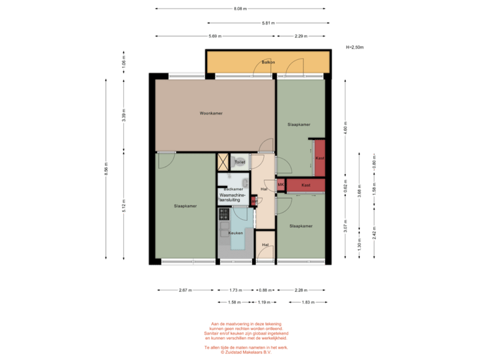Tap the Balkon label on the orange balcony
coord(269,62)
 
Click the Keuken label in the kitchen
coord(235,233)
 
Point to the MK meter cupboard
coord(281,185)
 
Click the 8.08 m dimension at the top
coord(240,9)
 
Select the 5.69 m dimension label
coord(215,35)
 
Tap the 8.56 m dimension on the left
coord(107,170)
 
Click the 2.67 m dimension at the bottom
coord(185,290)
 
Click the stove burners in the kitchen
coord(223,214)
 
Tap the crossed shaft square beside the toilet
coord(222,161)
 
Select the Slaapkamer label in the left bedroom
coord(185,206)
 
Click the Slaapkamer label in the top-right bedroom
coord(299,125)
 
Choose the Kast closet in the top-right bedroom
coord(319,158)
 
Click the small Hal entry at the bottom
coord(265,245)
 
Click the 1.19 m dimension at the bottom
coord(265,302)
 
